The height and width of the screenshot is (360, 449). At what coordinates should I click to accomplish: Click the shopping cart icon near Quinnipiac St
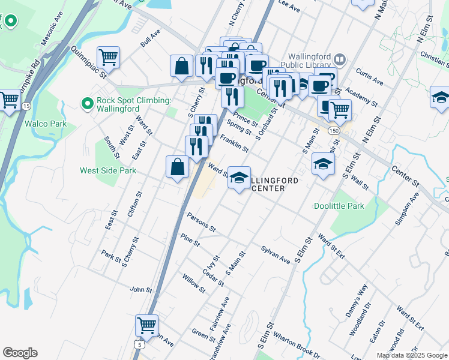coord(109,58)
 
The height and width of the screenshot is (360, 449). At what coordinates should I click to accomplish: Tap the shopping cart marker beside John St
coord(146,326)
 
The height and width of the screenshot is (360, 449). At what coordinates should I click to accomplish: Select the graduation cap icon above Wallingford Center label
coord(239,178)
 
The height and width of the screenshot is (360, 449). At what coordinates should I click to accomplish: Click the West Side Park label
coord(108,170)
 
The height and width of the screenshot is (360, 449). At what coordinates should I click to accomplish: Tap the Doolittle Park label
coord(339,206)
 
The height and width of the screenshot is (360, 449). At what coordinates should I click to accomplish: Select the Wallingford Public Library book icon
coord(340,59)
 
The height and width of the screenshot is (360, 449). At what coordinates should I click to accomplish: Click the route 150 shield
coord(333,130)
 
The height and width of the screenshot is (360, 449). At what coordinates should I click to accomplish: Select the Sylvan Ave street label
coord(276,254)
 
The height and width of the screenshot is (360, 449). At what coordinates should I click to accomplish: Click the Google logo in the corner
coord(20,353)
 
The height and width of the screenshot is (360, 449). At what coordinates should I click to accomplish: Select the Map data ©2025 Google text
coord(411,355)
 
